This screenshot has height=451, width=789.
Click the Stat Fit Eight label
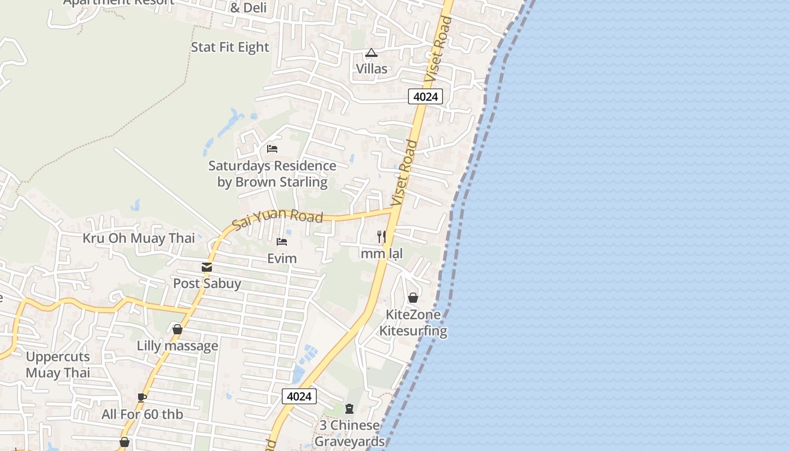[x=230, y=47]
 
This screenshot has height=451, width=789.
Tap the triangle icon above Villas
[x=371, y=53]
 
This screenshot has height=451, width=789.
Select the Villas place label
[x=371, y=69]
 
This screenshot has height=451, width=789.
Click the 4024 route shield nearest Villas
[x=425, y=96]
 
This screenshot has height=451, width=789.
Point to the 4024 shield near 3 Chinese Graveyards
[x=299, y=396]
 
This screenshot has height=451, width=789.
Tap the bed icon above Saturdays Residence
[x=272, y=149]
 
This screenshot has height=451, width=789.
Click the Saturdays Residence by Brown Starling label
[x=272, y=174]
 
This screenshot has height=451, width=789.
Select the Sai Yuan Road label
[x=278, y=219]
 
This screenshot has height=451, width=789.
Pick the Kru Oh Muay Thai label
[x=139, y=238]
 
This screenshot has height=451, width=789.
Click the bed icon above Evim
[x=282, y=242]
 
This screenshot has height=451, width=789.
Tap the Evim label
[x=282, y=259]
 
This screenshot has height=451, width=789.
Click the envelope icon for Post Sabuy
[x=207, y=267]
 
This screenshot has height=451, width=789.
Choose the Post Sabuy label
[x=207, y=283]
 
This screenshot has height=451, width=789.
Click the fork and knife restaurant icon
[x=382, y=237]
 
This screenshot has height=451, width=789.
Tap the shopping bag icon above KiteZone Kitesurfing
[x=413, y=298]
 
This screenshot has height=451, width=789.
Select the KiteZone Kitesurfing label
[x=413, y=322]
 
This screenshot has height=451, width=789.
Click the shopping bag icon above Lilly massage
[x=178, y=329]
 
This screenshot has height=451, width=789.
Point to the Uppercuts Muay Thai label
[x=58, y=365]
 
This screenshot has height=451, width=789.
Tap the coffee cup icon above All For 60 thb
[x=142, y=397]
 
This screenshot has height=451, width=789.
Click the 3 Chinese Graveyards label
[x=349, y=433]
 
